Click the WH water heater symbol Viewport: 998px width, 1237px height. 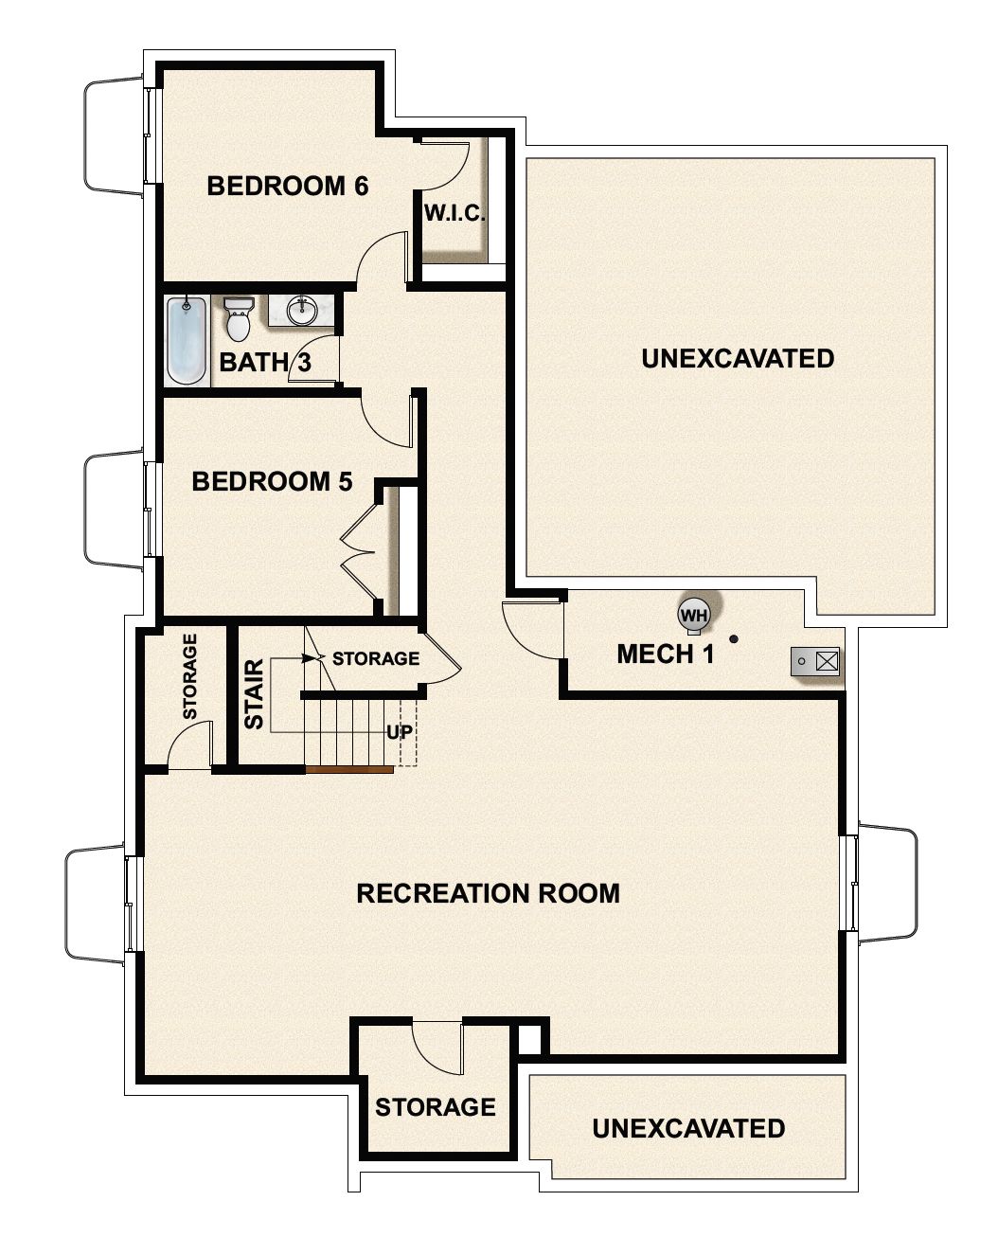point(695,615)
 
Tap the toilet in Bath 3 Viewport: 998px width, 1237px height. point(239,319)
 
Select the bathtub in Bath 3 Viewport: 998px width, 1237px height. point(187,341)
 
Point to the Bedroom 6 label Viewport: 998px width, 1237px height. point(287,186)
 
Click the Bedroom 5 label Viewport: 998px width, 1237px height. point(272,482)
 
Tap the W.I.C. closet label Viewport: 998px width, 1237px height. point(454,214)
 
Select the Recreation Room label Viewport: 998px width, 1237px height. point(488,893)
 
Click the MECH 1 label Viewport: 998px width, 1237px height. point(665,654)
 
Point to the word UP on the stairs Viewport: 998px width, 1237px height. point(398,732)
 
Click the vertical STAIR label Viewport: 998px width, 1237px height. point(254,701)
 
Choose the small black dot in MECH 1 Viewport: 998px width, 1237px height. point(733,639)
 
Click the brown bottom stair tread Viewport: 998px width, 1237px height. point(349,770)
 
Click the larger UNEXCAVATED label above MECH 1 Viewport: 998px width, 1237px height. point(737,359)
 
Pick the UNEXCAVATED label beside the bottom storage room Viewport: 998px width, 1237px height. point(687,1129)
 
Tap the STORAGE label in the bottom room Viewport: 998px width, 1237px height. point(435,1107)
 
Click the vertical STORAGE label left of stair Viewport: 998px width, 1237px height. point(189,675)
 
